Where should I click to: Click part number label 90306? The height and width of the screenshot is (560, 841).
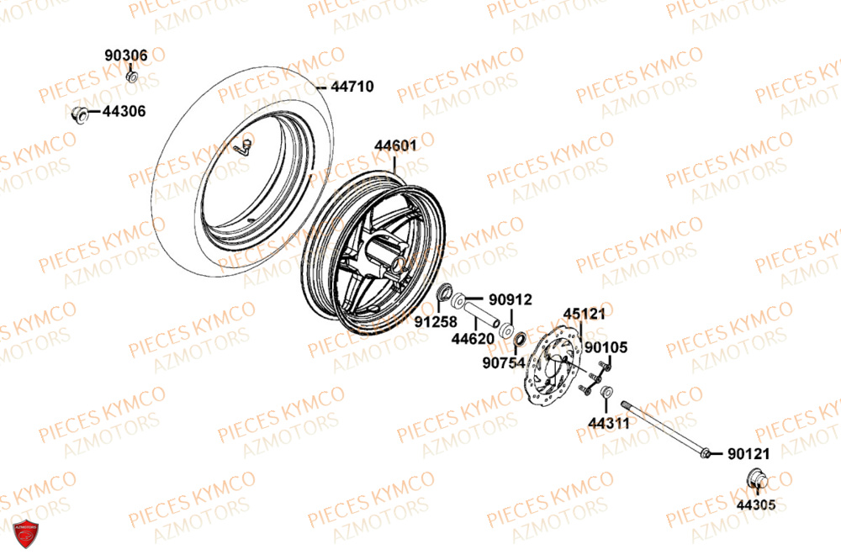click(x=126, y=55)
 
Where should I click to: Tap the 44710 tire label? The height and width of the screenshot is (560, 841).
click(x=352, y=87)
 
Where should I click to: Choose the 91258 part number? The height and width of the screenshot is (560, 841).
click(x=429, y=321)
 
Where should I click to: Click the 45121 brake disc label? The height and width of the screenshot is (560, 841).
click(x=584, y=314)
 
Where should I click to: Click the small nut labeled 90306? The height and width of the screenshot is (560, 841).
click(x=131, y=77)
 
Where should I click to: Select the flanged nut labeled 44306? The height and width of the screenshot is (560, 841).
click(x=80, y=114)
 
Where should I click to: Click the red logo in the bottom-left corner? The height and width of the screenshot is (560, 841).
click(x=27, y=534)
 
